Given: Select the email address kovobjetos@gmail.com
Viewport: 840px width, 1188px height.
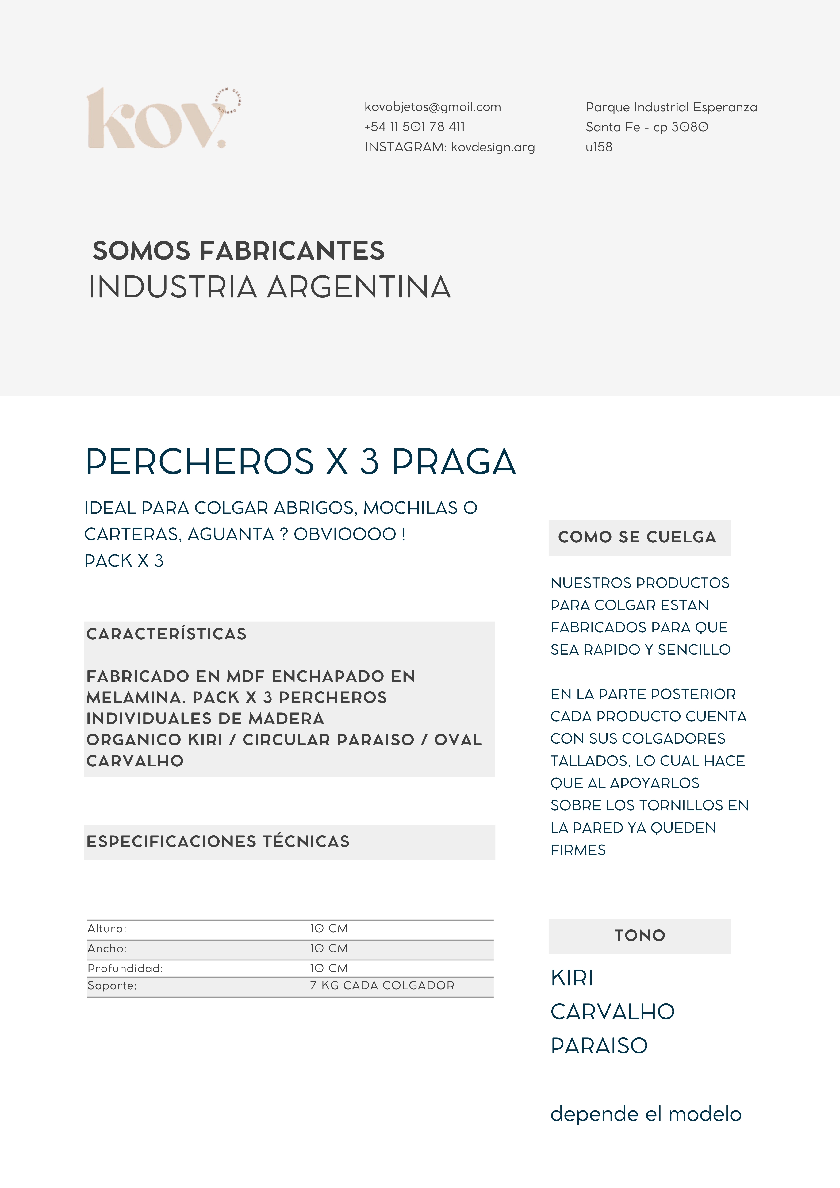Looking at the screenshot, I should pyautogui.click(x=433, y=107).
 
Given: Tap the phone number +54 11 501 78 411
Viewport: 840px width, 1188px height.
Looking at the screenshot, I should pyautogui.click(x=415, y=127).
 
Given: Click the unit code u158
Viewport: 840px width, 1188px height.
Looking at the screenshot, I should pyautogui.click(x=599, y=147).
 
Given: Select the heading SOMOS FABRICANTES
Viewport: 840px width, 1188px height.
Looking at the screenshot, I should pyautogui.click(x=239, y=251).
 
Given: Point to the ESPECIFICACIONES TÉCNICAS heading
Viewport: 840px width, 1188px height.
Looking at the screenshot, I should pyautogui.click(x=218, y=841).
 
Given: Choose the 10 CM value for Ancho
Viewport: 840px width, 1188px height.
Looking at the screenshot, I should pyautogui.click(x=329, y=948).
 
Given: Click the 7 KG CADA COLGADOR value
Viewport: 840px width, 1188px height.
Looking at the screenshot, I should pyautogui.click(x=382, y=986).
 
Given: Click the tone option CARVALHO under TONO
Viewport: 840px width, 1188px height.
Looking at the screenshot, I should pyautogui.click(x=612, y=1012).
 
